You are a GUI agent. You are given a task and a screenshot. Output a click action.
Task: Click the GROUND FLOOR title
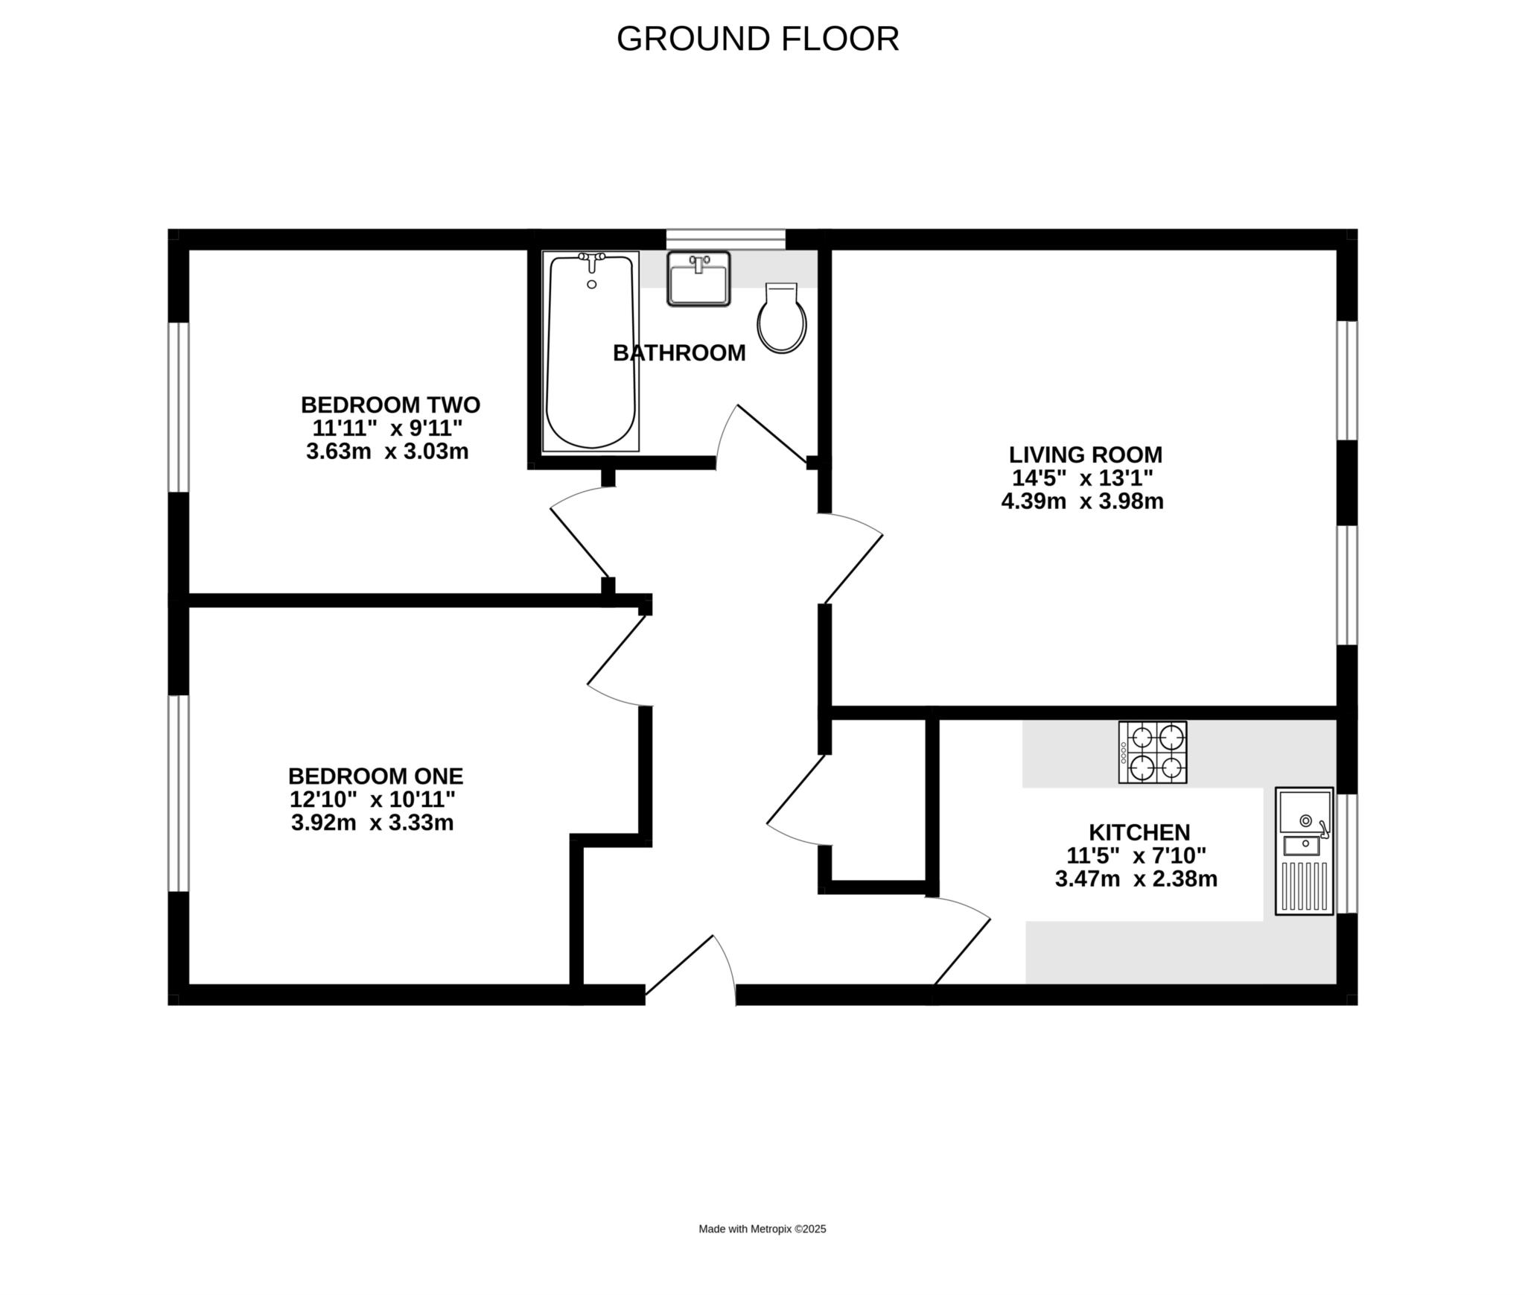[757, 39]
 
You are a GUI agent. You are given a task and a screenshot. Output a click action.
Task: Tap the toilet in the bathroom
[781, 319]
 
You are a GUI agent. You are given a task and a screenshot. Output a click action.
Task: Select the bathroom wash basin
[698, 279]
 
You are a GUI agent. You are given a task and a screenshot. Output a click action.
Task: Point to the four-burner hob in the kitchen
[1152, 752]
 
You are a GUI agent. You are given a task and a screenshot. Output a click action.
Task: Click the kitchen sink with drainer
[1304, 850]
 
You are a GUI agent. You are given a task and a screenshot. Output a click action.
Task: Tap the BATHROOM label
[678, 353]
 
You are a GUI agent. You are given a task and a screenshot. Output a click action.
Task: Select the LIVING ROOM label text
[1085, 455]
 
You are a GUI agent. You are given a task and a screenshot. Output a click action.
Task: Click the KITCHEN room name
[1139, 832]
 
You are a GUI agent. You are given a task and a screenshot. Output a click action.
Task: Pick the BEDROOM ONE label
[375, 776]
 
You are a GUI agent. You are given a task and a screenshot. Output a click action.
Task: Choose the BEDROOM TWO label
[390, 405]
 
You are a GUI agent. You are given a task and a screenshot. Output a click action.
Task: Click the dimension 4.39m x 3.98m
[1082, 501]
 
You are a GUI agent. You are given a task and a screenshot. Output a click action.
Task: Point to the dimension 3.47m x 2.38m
[1136, 879]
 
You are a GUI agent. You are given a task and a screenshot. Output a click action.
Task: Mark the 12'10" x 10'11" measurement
[372, 800]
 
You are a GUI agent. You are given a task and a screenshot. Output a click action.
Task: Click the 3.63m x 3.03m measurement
[387, 452]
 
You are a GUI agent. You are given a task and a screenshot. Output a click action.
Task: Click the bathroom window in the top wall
[725, 238]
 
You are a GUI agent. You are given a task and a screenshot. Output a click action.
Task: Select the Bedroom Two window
[178, 407]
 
